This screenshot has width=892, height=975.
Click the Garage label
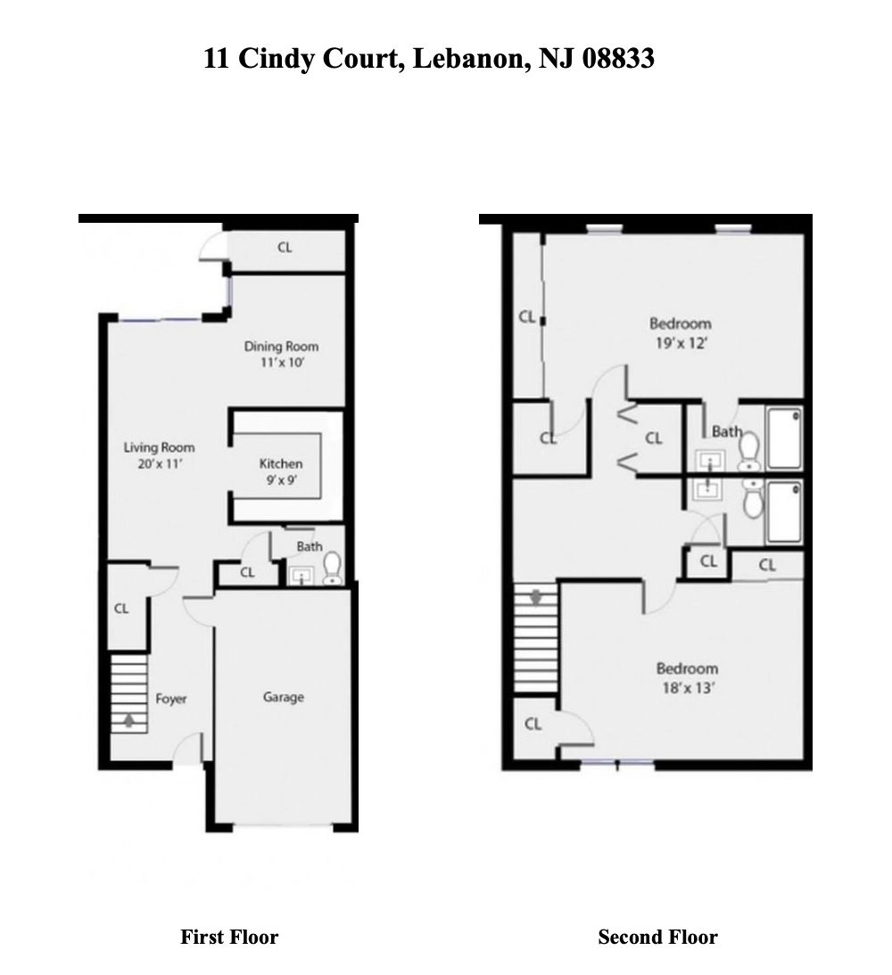pos(283,697)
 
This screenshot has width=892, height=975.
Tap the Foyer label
pos(170,699)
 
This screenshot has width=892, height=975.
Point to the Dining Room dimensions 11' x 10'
pos(281,363)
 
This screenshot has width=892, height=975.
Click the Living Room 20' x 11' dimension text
pos(159,463)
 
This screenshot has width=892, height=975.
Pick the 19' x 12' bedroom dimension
pos(680,341)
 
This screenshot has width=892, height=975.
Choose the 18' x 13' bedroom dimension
pos(687,686)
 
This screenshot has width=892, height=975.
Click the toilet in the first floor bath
pos(332,567)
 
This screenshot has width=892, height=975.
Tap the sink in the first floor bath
pos(301,575)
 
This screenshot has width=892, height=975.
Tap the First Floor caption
pos(229,937)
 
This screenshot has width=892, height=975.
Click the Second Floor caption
pos(657,937)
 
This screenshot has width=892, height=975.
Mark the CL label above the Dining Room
pos(284,248)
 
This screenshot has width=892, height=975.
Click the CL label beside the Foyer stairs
pos(121,609)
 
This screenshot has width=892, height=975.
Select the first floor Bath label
pos(310,546)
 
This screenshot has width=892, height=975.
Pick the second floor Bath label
pos(726,431)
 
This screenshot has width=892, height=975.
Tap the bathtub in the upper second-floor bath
pos(785,438)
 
